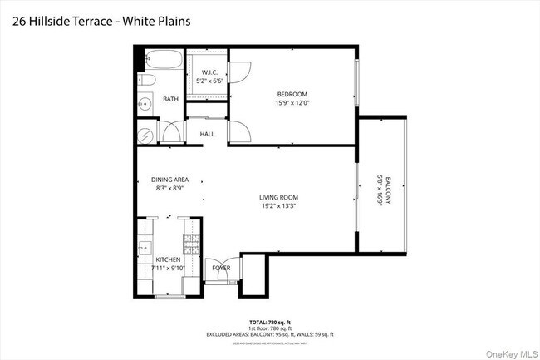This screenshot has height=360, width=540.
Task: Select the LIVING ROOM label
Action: pyautogui.click(x=280, y=197)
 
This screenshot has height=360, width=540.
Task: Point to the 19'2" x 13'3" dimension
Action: pyautogui.click(x=280, y=206)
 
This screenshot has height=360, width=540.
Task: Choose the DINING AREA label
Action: pyautogui.click(x=169, y=180)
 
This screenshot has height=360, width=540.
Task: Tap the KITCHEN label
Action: pyautogui.click(x=168, y=259)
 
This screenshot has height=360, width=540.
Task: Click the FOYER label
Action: pyautogui.click(x=221, y=268)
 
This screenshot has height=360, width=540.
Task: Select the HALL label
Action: pyautogui.click(x=207, y=134)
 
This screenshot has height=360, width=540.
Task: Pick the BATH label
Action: pyautogui.click(x=170, y=100)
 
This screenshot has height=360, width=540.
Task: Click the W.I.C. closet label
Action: pyautogui.click(x=209, y=73)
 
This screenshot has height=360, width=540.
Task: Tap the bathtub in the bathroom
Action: pyautogui.click(x=160, y=60)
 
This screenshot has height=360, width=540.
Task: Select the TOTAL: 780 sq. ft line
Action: pyautogui.click(x=270, y=321)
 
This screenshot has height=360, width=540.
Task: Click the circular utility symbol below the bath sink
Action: pyautogui.click(x=145, y=133)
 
